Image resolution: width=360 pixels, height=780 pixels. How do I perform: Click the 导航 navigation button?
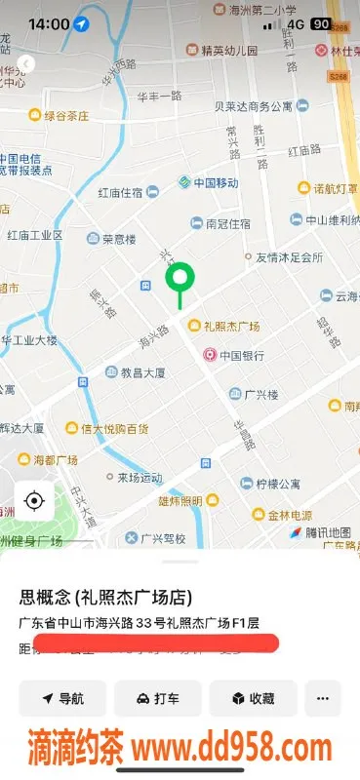tap(62, 698)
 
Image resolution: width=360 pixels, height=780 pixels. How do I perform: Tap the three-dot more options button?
tap(323, 698)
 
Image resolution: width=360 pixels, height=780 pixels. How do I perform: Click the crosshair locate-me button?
tap(34, 501)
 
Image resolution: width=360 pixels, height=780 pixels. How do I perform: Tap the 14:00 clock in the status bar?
tap(48, 23)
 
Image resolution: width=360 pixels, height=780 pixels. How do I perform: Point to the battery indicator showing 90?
tap(320, 23)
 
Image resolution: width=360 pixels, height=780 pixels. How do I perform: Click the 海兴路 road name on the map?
tap(153, 336)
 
